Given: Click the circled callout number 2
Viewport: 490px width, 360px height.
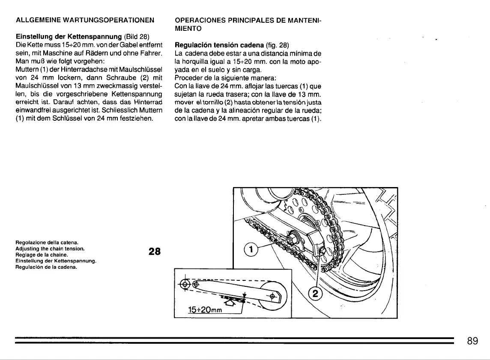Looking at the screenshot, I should [x=315, y=295].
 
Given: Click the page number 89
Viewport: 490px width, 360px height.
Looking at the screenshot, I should [x=472, y=341].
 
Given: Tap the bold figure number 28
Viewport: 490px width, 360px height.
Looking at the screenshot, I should [x=154, y=252].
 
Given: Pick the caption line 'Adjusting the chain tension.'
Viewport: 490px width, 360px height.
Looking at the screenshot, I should [x=50, y=248].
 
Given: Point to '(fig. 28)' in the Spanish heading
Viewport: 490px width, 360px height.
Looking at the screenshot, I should [x=278, y=45].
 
